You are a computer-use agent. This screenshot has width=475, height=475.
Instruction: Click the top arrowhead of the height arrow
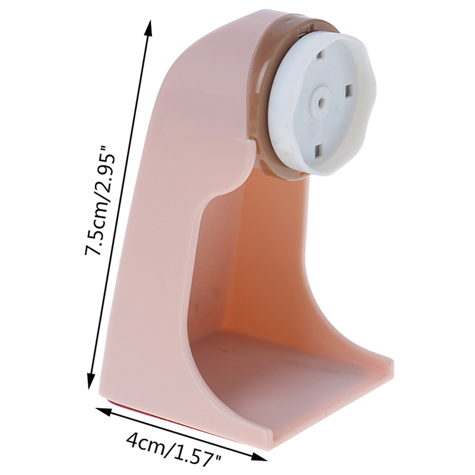point(148,28)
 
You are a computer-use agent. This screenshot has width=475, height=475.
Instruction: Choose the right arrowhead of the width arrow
point(258,457)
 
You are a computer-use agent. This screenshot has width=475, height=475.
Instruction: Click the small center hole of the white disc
point(321,103)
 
